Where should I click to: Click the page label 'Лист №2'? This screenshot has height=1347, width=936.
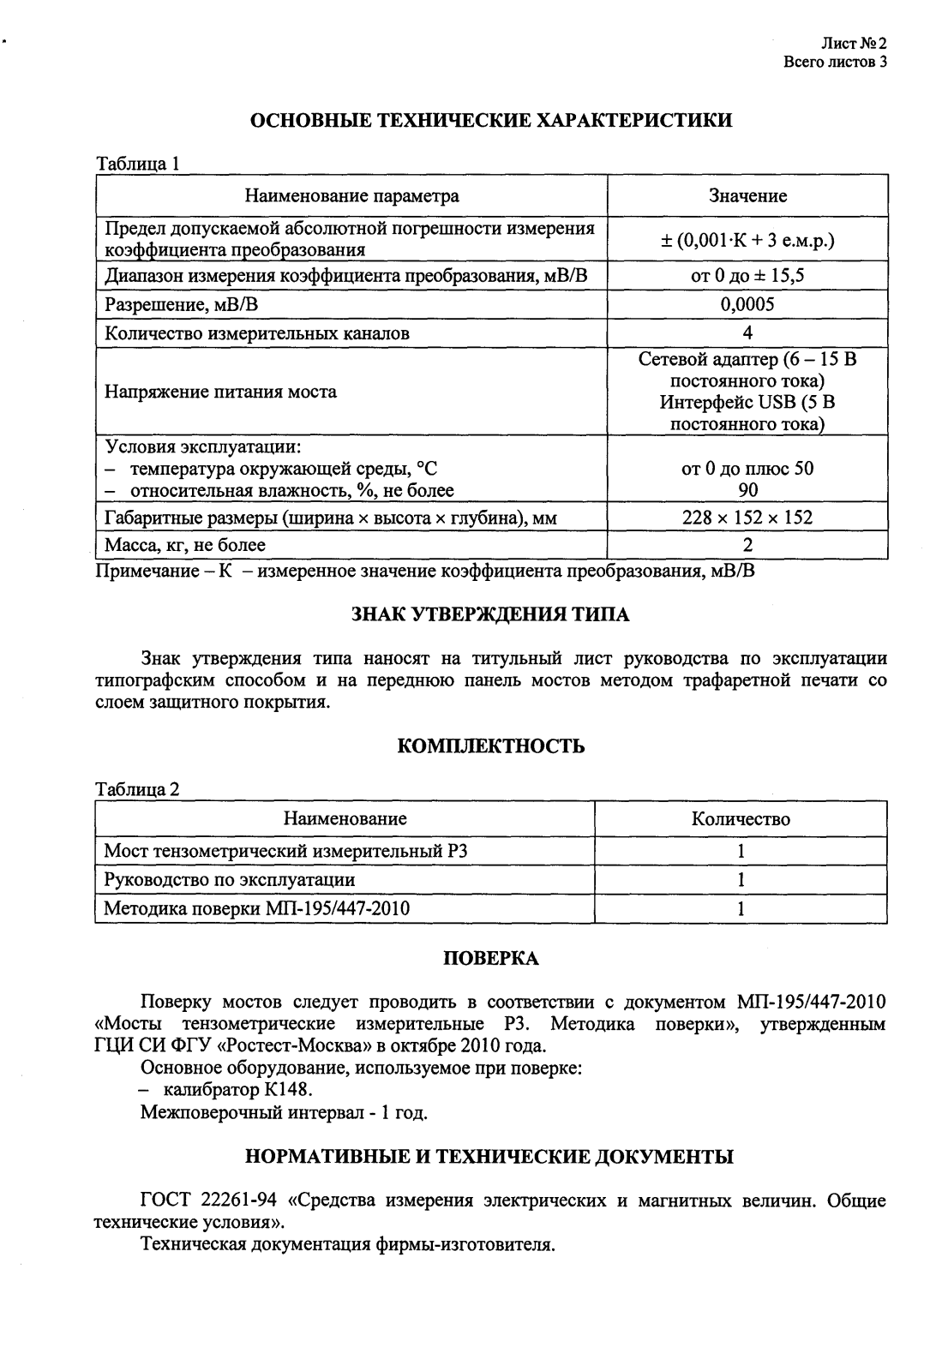pyautogui.click(x=853, y=43)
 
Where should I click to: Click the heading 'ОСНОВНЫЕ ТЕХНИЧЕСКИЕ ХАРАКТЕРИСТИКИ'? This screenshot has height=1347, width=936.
pyautogui.click(x=490, y=120)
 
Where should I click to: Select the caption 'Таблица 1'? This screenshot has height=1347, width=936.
pyautogui.click(x=137, y=164)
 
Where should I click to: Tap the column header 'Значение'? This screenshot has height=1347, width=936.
pyautogui.click(x=747, y=196)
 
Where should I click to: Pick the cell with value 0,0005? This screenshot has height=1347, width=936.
pyautogui.click(x=747, y=304)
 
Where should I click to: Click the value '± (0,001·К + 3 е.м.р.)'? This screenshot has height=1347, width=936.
pyautogui.click(x=747, y=241)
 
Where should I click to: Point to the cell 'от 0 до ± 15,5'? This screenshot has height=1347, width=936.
pyautogui.click(x=747, y=275)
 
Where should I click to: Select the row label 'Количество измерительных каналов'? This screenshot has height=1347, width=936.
pyautogui.click(x=257, y=333)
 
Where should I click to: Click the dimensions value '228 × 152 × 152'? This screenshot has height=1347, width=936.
pyautogui.click(x=747, y=518)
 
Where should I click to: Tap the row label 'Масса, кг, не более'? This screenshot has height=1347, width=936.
pyautogui.click(x=185, y=545)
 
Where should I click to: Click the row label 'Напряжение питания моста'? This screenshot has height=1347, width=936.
pyautogui.click(x=221, y=392)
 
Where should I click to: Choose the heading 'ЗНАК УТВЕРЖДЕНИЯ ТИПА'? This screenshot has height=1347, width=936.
pyautogui.click(x=490, y=614)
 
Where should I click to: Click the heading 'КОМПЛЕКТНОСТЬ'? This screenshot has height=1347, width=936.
pyautogui.click(x=491, y=746)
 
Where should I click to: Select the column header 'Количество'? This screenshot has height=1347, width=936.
pyautogui.click(x=741, y=819)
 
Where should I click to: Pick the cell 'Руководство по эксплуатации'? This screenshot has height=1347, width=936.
pyautogui.click(x=230, y=880)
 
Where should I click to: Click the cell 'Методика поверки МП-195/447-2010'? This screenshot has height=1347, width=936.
pyautogui.click(x=257, y=908)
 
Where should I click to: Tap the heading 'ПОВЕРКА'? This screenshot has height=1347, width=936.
pyautogui.click(x=490, y=959)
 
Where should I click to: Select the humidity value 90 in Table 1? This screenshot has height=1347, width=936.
pyautogui.click(x=747, y=491)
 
